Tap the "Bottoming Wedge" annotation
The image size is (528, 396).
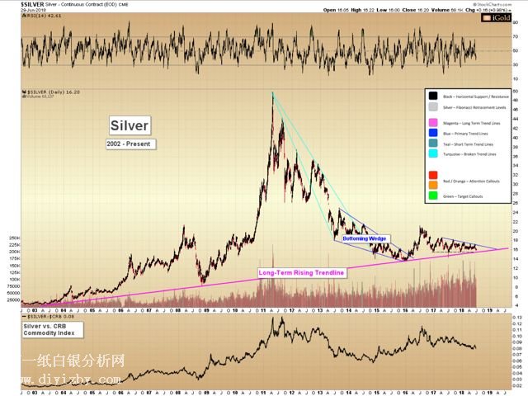pyautogui.click(x=365, y=238)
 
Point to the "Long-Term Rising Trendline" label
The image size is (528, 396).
pyautogui.click(x=300, y=272)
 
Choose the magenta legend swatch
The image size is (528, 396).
pyautogui.click(x=433, y=121)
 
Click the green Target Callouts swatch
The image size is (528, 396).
pyautogui.click(x=433, y=196)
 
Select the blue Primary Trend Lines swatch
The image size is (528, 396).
pyautogui.click(x=433, y=132)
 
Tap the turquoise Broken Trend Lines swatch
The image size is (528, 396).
pyautogui.click(x=433, y=153)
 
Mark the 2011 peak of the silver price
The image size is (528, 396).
pyautogui.click(x=272, y=92)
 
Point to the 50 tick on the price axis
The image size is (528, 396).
pyautogui.click(x=516, y=90)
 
